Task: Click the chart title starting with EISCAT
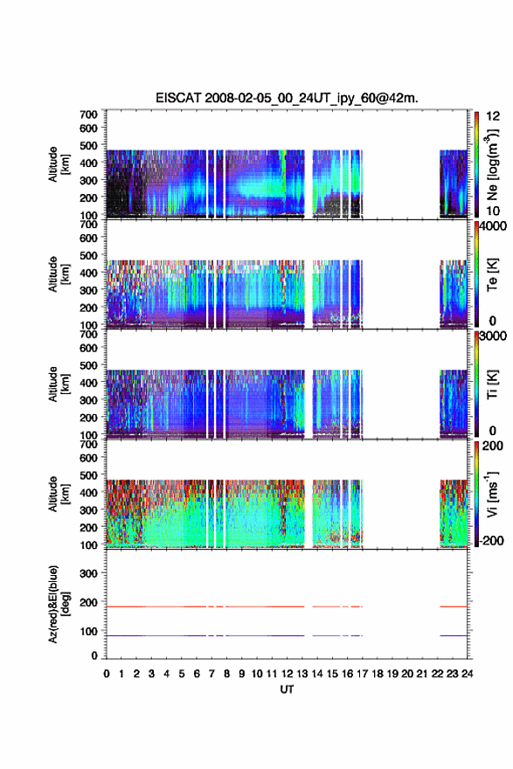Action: [x=287, y=98]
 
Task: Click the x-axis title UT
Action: [x=287, y=689]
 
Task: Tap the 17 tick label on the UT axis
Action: [x=362, y=674]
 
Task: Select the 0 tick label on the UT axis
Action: [x=107, y=674]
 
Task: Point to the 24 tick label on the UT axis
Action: [x=467, y=674]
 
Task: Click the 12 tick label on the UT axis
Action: [x=287, y=674]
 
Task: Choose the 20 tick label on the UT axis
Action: [x=407, y=674]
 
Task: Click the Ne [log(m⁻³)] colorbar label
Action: [x=492, y=164]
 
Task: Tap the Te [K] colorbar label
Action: [x=492, y=274]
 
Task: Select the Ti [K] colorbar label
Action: [x=492, y=384]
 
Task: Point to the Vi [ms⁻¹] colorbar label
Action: [x=492, y=495]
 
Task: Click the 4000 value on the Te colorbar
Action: [x=494, y=226]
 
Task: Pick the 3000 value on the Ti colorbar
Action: [x=494, y=336]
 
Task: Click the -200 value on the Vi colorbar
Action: [x=491, y=540]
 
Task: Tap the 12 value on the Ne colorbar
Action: [x=493, y=116]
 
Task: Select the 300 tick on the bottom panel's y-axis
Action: [x=88, y=573]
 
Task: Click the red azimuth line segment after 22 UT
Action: [x=454, y=606]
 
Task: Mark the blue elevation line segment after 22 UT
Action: [x=454, y=635]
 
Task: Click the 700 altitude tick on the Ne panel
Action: [x=88, y=114]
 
